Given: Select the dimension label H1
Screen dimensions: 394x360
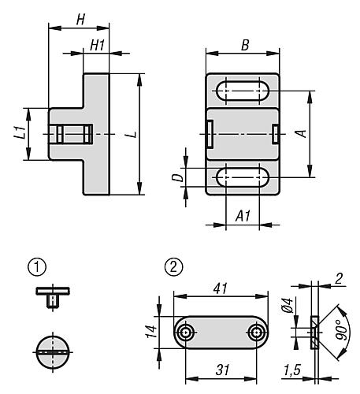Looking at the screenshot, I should pos(98,46).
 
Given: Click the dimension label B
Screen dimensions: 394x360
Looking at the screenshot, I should pos(244,46).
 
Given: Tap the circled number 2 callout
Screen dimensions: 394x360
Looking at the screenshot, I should pos(173,267).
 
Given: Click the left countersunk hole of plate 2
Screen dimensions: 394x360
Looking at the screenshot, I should pos(185,333).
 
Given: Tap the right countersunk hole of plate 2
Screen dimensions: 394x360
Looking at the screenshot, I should pos(257,333).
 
